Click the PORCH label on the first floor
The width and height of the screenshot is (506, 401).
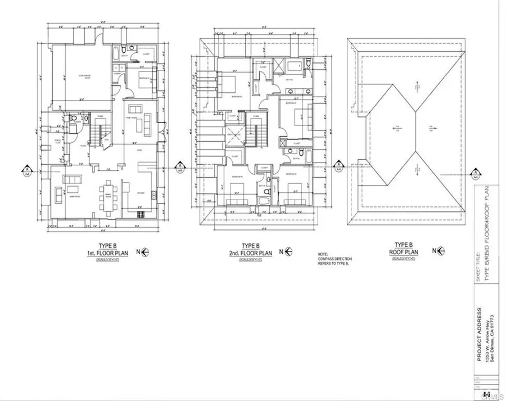coord(57,141)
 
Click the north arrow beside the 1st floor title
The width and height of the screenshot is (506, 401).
coord(144,253)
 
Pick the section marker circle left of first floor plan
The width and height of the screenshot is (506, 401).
coord(26,168)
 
